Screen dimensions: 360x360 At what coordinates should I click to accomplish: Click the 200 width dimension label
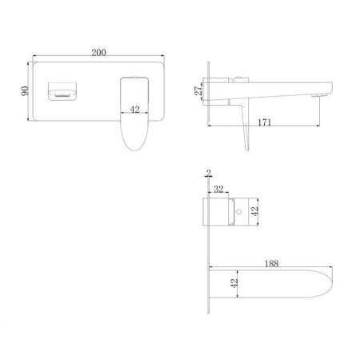[98, 52]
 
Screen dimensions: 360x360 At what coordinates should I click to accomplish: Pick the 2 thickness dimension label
[208, 172]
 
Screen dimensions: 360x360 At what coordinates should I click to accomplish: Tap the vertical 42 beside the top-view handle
[255, 212]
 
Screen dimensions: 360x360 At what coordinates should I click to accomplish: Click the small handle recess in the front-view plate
[62, 91]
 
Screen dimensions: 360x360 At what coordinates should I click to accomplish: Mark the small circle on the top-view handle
[238, 213]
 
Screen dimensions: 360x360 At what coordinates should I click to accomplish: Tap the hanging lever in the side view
[243, 129]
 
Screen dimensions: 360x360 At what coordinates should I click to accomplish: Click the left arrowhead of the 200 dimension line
[34, 58]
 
